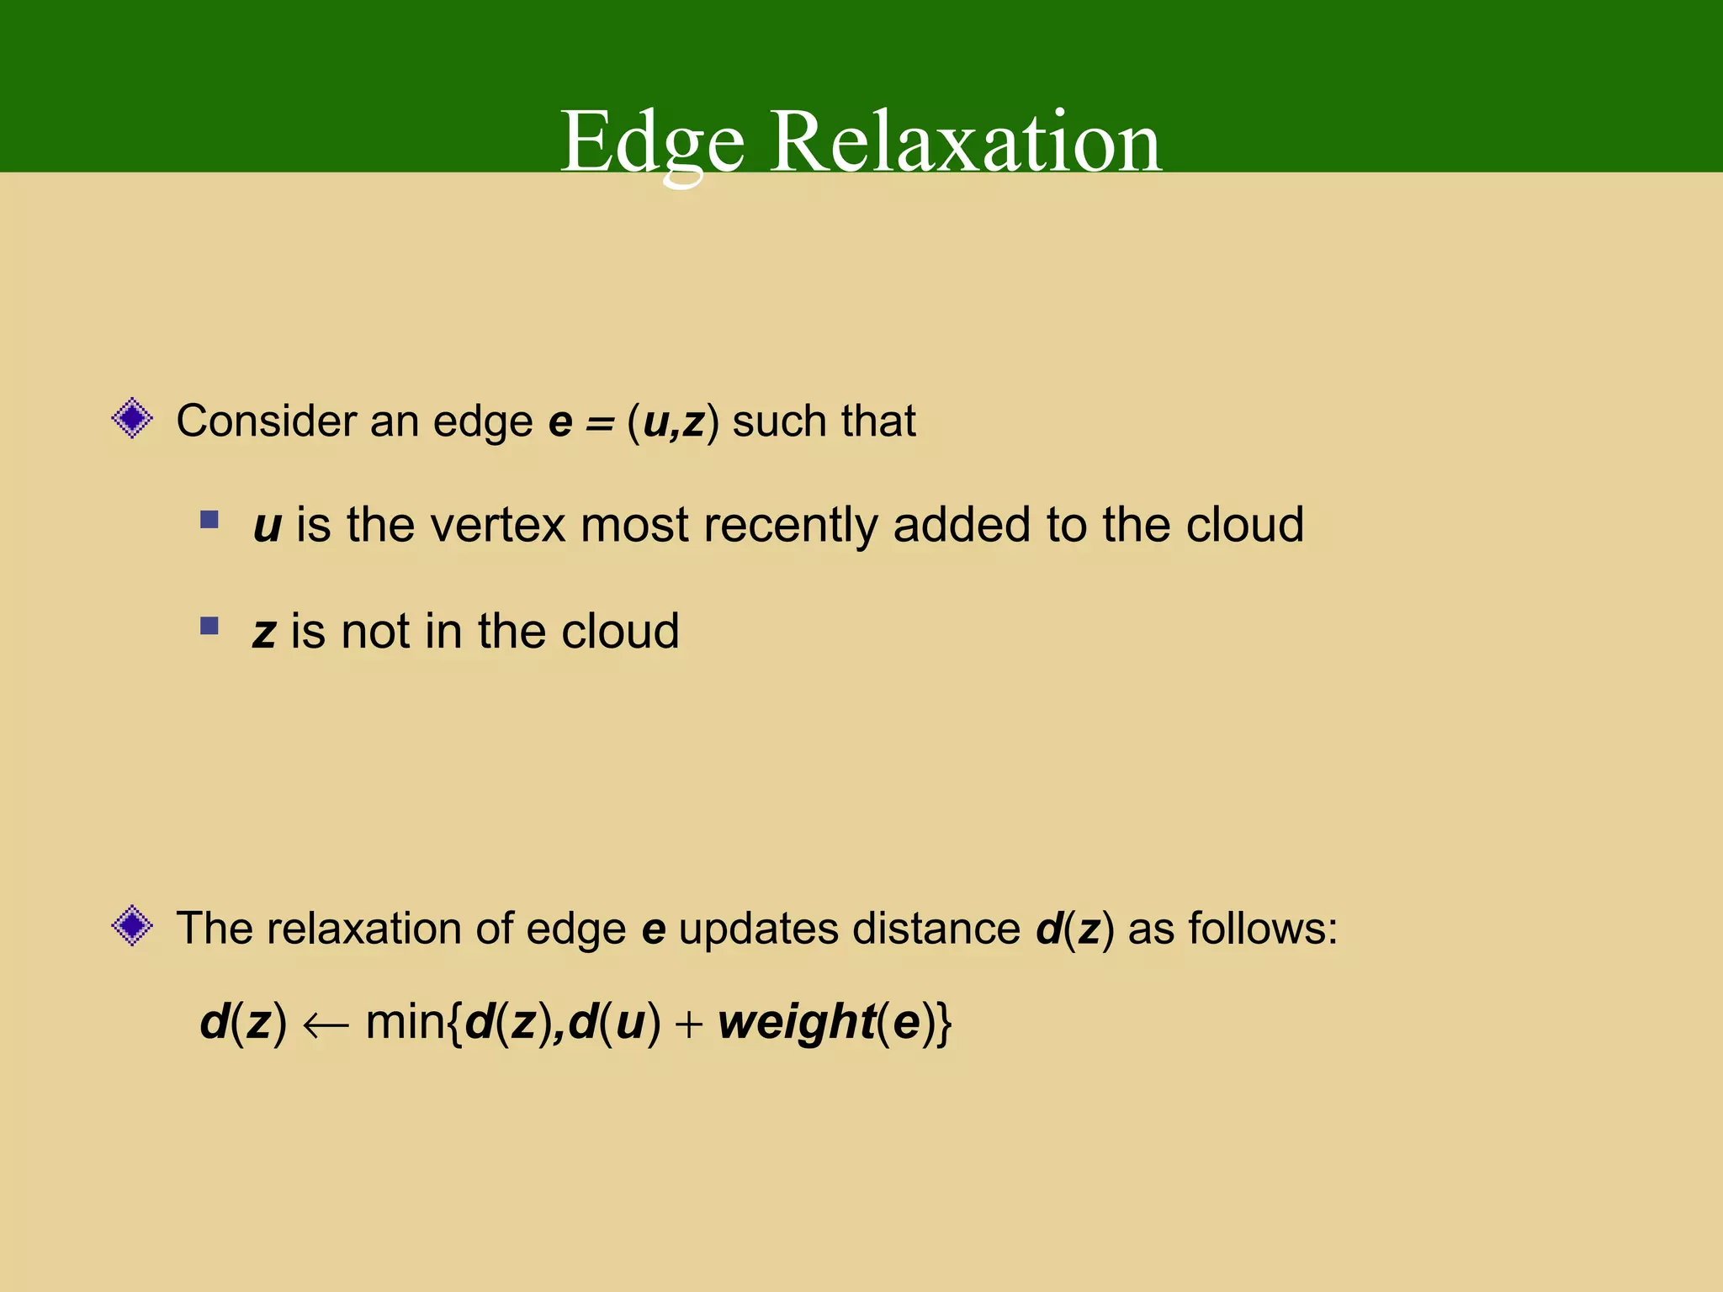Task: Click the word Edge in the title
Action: click(x=653, y=143)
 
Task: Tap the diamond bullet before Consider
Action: click(x=132, y=418)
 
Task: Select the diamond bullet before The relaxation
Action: click(x=132, y=926)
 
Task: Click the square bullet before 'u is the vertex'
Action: click(x=209, y=520)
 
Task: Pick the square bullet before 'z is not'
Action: click(x=209, y=626)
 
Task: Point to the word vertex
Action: click(x=498, y=525)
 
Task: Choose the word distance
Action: click(x=936, y=929)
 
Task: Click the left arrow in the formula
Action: click(x=326, y=1025)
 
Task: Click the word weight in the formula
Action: click(x=797, y=1024)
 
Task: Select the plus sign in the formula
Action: click(x=688, y=1025)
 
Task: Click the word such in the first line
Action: click(x=780, y=421)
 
